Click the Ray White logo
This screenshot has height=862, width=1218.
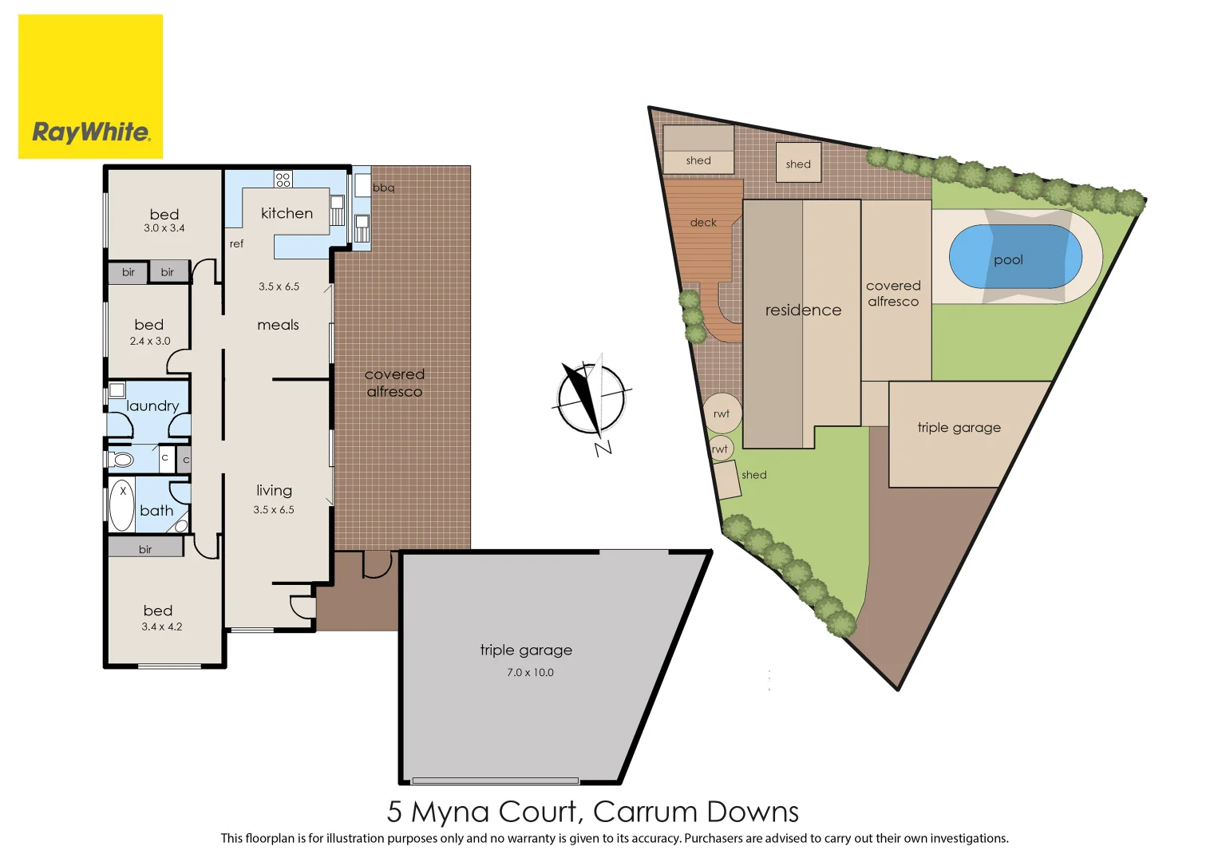click(x=90, y=87)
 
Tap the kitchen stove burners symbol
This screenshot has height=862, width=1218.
click(x=283, y=179)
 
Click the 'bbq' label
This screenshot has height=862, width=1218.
click(x=383, y=188)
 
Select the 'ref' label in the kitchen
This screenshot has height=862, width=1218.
click(x=236, y=244)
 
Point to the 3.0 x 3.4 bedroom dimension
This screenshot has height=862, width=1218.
click(x=164, y=228)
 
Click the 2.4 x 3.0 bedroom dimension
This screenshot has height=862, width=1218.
click(x=150, y=341)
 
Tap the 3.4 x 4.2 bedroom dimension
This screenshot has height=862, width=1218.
click(x=162, y=627)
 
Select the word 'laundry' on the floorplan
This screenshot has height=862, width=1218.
click(x=152, y=406)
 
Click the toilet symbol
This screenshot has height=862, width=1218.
click(x=121, y=459)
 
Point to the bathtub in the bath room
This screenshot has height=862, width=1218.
click(x=122, y=505)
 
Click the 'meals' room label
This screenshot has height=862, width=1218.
click(x=278, y=325)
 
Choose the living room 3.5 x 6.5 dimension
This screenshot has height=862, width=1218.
click(x=274, y=510)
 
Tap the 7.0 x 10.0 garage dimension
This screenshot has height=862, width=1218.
click(x=530, y=673)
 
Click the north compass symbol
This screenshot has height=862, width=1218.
click(x=591, y=398)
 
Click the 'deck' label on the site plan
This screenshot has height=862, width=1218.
click(x=703, y=223)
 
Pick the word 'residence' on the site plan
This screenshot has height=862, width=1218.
click(x=803, y=310)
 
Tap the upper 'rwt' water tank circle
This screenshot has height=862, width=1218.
click(x=722, y=413)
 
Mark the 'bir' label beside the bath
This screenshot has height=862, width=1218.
click(x=145, y=549)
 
